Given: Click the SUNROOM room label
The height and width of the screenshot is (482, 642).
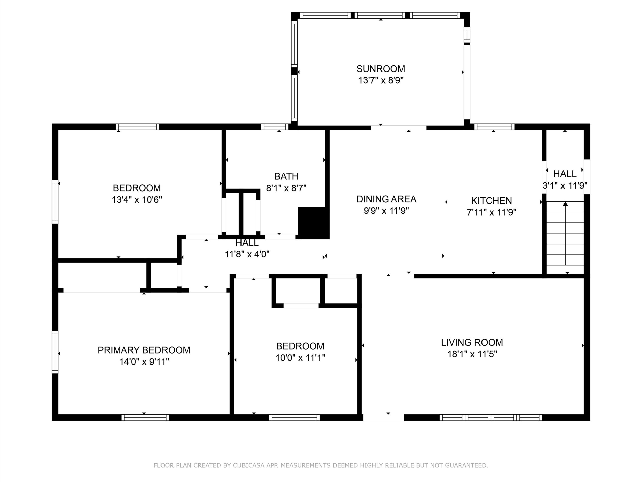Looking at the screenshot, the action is coord(380,69).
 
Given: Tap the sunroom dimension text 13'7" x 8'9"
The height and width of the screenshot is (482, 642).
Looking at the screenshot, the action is coord(381,80).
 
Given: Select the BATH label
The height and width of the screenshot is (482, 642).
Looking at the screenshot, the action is coord(286,176).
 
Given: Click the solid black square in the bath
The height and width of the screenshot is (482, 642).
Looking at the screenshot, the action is coord(313,223).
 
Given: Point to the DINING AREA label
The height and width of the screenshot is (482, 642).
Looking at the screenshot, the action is coord(386,199).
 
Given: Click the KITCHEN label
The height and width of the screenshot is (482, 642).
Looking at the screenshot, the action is coord(491,201).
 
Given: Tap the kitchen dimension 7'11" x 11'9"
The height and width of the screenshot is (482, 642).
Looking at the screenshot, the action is coord(491,212).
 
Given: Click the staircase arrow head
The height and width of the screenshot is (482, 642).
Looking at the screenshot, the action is coord(565,204).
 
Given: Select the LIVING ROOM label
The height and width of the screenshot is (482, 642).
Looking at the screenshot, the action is coord(472,342).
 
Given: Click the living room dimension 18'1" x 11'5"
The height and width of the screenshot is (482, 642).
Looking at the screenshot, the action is coord(472,354).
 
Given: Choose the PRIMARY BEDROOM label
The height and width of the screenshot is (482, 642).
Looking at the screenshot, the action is coord(144,350).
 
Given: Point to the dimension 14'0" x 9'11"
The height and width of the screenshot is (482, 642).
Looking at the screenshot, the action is coord(144,362).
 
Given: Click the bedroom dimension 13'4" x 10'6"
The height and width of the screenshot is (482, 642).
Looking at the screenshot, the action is coord(137,200).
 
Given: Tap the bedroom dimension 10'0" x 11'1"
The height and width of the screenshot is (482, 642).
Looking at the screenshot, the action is coord(300,358).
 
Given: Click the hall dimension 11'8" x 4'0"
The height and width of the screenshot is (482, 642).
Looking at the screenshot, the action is coord(247,254).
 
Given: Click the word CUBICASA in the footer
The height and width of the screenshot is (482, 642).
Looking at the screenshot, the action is coord(249,465).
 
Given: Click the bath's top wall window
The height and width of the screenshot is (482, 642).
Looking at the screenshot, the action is coord(275,127).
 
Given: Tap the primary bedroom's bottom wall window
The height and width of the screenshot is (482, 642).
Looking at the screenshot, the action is coord(145,418).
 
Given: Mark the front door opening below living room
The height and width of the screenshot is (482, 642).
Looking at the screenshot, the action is coord(383,418).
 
